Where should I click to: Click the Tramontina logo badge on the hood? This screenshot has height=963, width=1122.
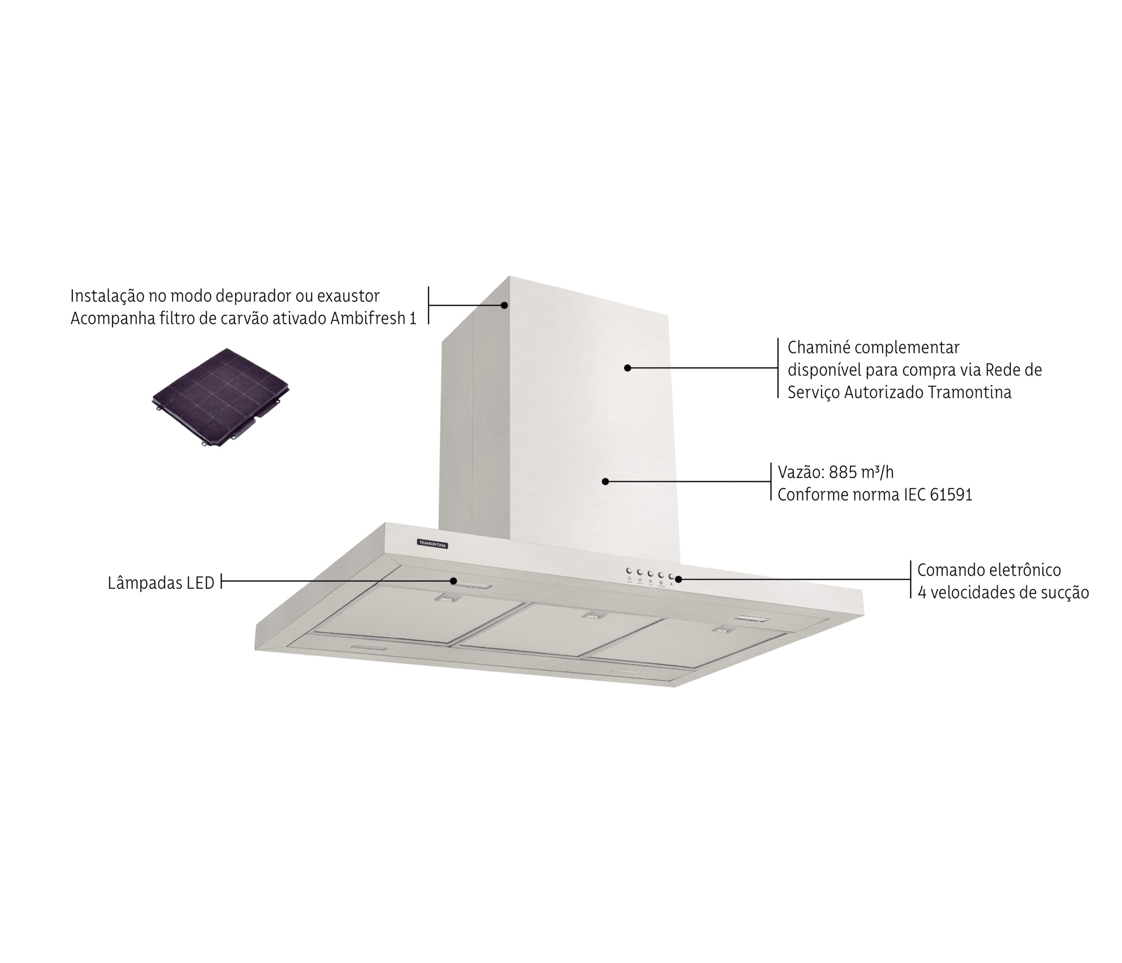tap(432, 543)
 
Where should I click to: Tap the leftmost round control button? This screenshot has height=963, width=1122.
tap(629, 570)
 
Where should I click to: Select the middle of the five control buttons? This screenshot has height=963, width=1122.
tap(650, 573)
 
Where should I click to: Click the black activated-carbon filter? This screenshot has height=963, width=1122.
tap(220, 398)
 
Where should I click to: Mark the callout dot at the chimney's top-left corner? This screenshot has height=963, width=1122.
tap(504, 305)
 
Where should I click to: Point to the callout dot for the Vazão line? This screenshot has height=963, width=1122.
tap(605, 481)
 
